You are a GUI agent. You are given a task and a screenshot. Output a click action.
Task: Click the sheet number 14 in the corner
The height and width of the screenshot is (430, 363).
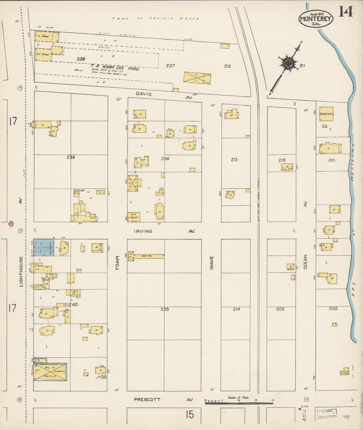coord(346,11)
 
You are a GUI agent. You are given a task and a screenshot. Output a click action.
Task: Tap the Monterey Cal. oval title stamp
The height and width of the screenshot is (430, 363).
coord(316,19)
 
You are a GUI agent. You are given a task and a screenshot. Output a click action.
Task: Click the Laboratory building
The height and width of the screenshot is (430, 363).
coord(326,114)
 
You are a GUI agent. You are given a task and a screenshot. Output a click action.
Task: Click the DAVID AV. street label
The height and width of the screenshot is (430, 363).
coord(144,94)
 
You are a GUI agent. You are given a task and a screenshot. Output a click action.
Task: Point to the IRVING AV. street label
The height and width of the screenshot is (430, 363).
coord(143,231)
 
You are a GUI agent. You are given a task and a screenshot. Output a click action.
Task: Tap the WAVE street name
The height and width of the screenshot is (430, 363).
coord(212,263)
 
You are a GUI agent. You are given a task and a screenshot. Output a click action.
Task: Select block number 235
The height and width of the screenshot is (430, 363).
coord(165,309)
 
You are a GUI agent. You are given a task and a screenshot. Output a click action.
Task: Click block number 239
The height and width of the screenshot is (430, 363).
coord(71,157)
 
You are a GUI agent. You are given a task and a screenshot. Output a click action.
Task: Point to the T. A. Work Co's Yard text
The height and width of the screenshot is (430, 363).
coord(115,67)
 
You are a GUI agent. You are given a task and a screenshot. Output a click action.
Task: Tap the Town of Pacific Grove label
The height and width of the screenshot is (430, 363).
coord(156,19)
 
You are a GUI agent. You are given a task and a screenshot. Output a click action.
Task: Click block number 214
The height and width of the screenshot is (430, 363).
coord(236,309)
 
